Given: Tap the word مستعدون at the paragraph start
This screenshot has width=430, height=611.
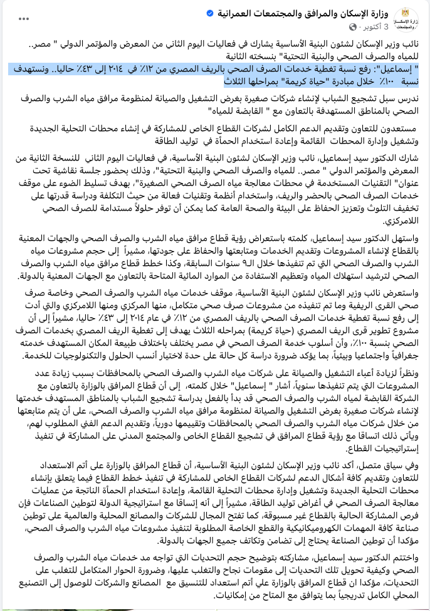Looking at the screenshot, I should [x=402, y=128].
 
